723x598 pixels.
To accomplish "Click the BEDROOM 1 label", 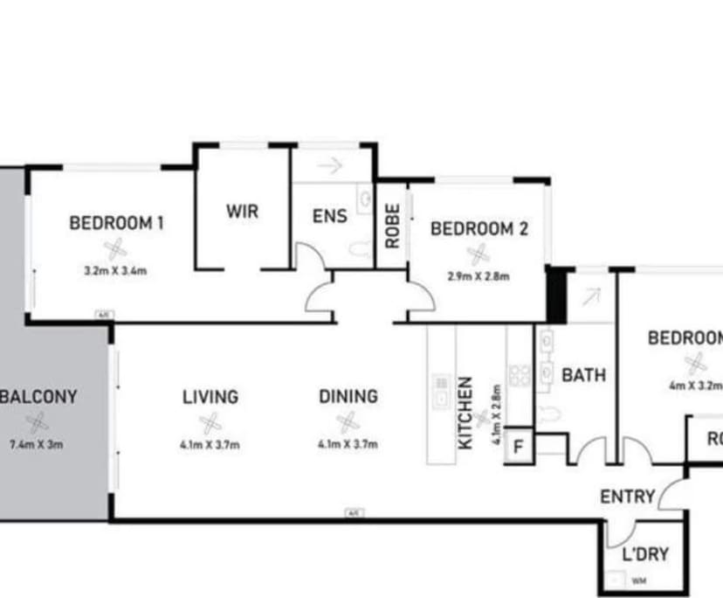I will [116, 223].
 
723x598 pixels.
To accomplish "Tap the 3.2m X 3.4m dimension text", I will [115, 270].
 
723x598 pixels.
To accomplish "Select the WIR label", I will [242, 212].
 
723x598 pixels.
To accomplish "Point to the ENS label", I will [329, 216].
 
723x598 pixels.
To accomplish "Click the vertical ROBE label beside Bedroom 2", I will [392, 226].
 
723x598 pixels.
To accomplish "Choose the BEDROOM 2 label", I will [479, 229].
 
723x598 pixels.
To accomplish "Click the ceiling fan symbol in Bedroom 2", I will [478, 254].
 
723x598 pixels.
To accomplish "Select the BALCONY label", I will [39, 396].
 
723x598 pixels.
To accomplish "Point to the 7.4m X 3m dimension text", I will [36, 444].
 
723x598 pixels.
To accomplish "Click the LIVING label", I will [210, 397].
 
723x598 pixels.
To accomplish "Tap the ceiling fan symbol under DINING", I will [348, 422].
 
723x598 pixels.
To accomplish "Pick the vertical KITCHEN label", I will [465, 413].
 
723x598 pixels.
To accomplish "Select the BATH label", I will [583, 376].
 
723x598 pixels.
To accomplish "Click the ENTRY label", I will [627, 497].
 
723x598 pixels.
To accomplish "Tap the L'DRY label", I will [644, 553].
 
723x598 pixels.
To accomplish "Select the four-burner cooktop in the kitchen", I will [520, 375].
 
